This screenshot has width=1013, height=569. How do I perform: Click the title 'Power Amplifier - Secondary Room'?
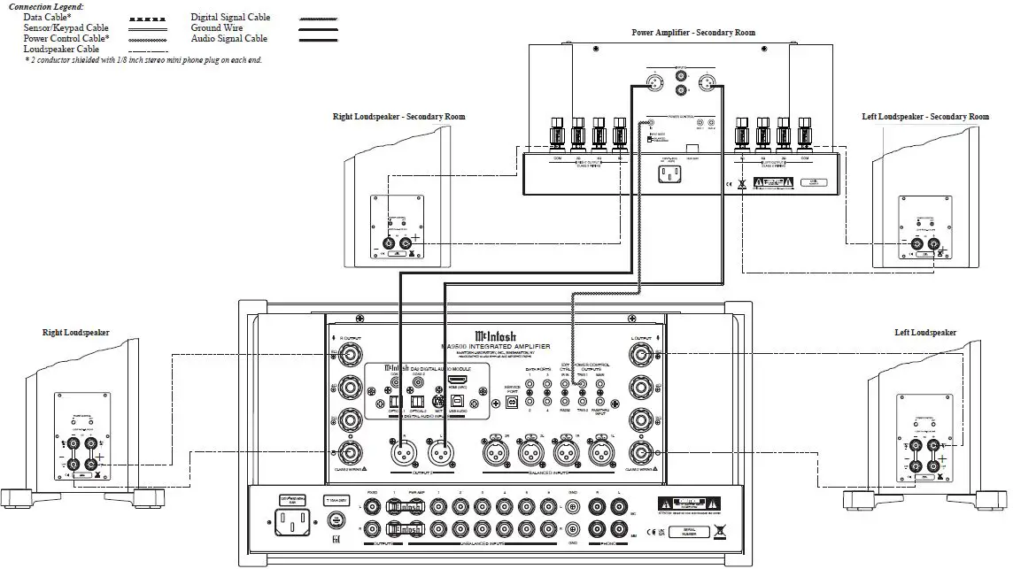(x=693, y=33)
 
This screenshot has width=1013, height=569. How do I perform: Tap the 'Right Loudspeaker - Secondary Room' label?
(x=398, y=117)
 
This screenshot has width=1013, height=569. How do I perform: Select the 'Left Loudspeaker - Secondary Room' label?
(x=925, y=117)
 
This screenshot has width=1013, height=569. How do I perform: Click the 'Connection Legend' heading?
(x=45, y=6)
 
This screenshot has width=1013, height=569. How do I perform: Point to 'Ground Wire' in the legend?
(x=218, y=28)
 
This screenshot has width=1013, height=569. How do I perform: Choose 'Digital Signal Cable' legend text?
(x=230, y=17)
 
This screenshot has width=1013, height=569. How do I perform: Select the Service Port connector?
(x=512, y=401)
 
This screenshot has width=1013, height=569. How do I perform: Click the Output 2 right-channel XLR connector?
(x=400, y=454)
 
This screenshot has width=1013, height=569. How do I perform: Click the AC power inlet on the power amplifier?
(x=667, y=173)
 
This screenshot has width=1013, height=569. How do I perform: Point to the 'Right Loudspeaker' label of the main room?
(x=76, y=333)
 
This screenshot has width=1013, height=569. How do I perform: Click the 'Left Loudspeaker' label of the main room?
(x=925, y=333)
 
